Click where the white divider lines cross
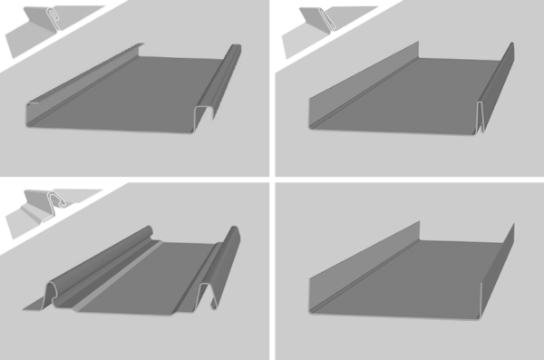(272, 180)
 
